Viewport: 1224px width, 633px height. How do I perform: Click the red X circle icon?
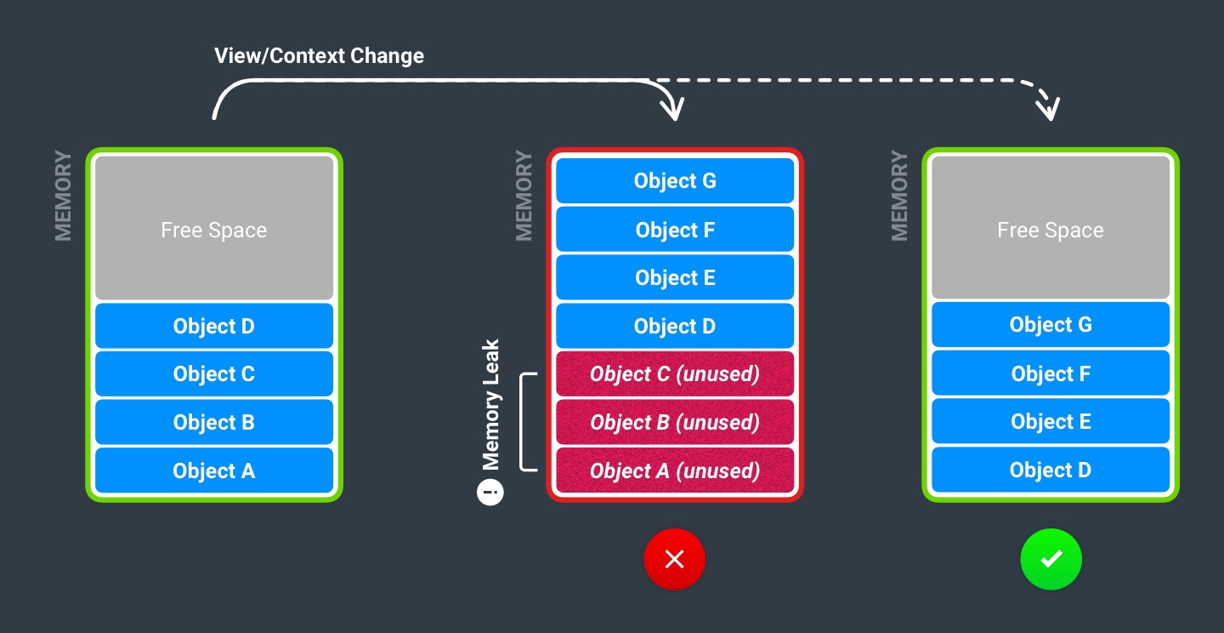(x=674, y=559)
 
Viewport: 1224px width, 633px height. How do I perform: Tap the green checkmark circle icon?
(x=1051, y=559)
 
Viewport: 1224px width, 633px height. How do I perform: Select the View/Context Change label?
(x=319, y=56)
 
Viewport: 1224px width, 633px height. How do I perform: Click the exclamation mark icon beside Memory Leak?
(x=490, y=492)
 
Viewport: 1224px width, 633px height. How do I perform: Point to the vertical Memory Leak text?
(x=490, y=405)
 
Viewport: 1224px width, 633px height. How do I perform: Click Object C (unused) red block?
(x=674, y=374)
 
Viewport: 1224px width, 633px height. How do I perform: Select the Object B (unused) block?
(x=674, y=423)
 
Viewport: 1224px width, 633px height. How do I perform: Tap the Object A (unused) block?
(x=674, y=471)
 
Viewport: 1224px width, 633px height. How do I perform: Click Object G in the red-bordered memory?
(x=674, y=181)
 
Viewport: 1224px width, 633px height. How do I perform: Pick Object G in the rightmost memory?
(x=1051, y=325)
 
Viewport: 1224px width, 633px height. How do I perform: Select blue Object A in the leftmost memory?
(x=214, y=471)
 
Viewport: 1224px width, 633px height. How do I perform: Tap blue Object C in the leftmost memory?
(x=214, y=374)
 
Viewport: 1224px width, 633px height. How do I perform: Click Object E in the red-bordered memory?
(x=674, y=278)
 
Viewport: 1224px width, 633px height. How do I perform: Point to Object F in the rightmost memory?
(x=1051, y=374)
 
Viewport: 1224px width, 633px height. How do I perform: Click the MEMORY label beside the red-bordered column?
(x=524, y=196)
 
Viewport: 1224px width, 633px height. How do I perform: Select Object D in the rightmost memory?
(x=1051, y=470)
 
